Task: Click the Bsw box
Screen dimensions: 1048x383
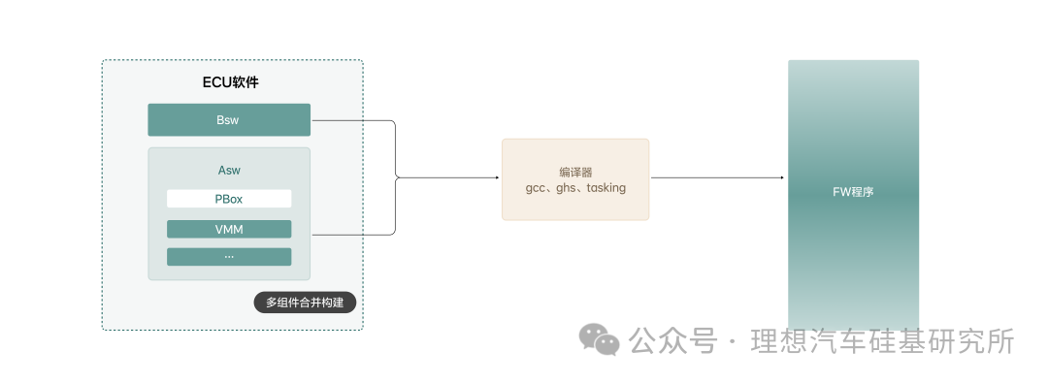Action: click(x=229, y=119)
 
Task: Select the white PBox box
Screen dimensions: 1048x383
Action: click(x=229, y=199)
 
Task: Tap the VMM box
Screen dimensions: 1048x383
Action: click(x=229, y=229)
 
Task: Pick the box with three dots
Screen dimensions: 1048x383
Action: click(x=229, y=257)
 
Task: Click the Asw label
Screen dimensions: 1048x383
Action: click(x=229, y=171)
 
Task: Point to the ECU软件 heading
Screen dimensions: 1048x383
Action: click(x=231, y=82)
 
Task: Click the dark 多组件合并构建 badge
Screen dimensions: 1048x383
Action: click(x=305, y=303)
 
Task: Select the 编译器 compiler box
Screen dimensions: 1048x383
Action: click(x=575, y=179)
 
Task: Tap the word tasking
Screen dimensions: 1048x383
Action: click(x=606, y=188)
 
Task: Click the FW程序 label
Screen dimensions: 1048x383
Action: click(x=854, y=192)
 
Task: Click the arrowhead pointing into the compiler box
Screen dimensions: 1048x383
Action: click(x=497, y=177)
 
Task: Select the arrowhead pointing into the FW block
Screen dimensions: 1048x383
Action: click(x=781, y=177)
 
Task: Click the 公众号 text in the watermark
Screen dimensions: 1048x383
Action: click(x=672, y=341)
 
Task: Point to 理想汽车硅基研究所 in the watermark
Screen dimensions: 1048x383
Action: click(x=883, y=341)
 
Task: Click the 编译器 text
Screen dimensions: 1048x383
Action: click(x=575, y=171)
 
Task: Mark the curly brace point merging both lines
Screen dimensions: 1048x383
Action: click(x=397, y=177)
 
